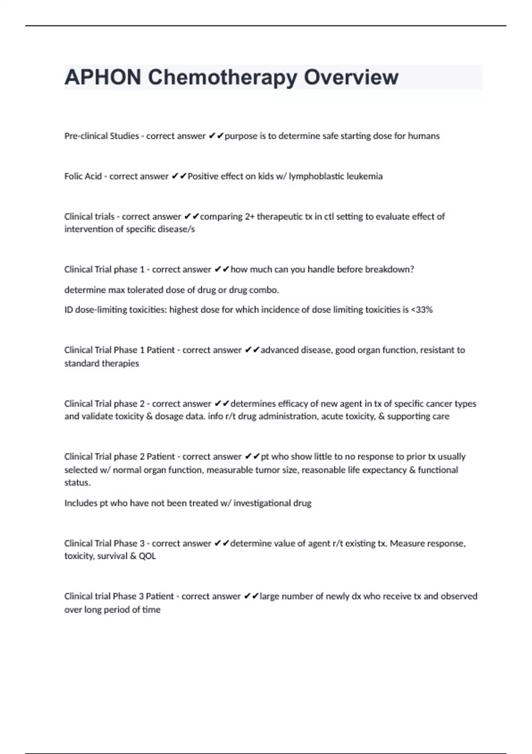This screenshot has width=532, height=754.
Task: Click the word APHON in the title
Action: (103, 77)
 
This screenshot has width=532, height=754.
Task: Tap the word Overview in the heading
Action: (351, 77)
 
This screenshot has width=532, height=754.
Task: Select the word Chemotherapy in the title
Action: (223, 78)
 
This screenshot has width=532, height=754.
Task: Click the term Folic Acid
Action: (83, 177)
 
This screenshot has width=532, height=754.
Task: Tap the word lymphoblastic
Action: (316, 177)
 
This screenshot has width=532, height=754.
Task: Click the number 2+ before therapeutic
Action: (250, 217)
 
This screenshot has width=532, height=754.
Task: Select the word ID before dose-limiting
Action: (69, 310)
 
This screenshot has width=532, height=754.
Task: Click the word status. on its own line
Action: (78, 483)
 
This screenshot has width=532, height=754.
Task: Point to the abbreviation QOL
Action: (147, 556)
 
